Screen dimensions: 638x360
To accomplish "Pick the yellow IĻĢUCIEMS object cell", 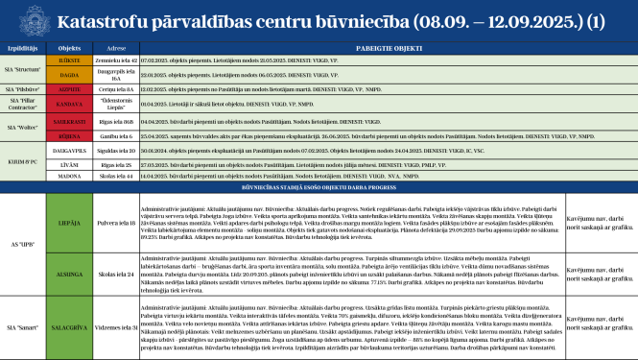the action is click(x=68, y=60).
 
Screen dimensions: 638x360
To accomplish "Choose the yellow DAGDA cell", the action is click(x=68, y=74).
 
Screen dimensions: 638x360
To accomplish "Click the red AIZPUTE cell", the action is click(x=68, y=88).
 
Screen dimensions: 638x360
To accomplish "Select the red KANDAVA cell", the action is click(x=68, y=103).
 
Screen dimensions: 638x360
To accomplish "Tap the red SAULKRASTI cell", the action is click(x=68, y=123).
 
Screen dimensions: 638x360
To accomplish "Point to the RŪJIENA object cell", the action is click(x=68, y=137).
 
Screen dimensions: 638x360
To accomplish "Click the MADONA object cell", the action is click(x=68, y=178).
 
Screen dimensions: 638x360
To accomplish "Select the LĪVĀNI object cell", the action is click(x=68, y=164).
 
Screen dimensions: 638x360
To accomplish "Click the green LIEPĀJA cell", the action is click(x=68, y=223).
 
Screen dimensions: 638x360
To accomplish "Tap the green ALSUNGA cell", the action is click(x=68, y=274).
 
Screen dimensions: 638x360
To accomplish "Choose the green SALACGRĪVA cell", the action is click(x=68, y=326).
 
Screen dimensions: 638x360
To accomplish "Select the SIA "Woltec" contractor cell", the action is click(x=22, y=123).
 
